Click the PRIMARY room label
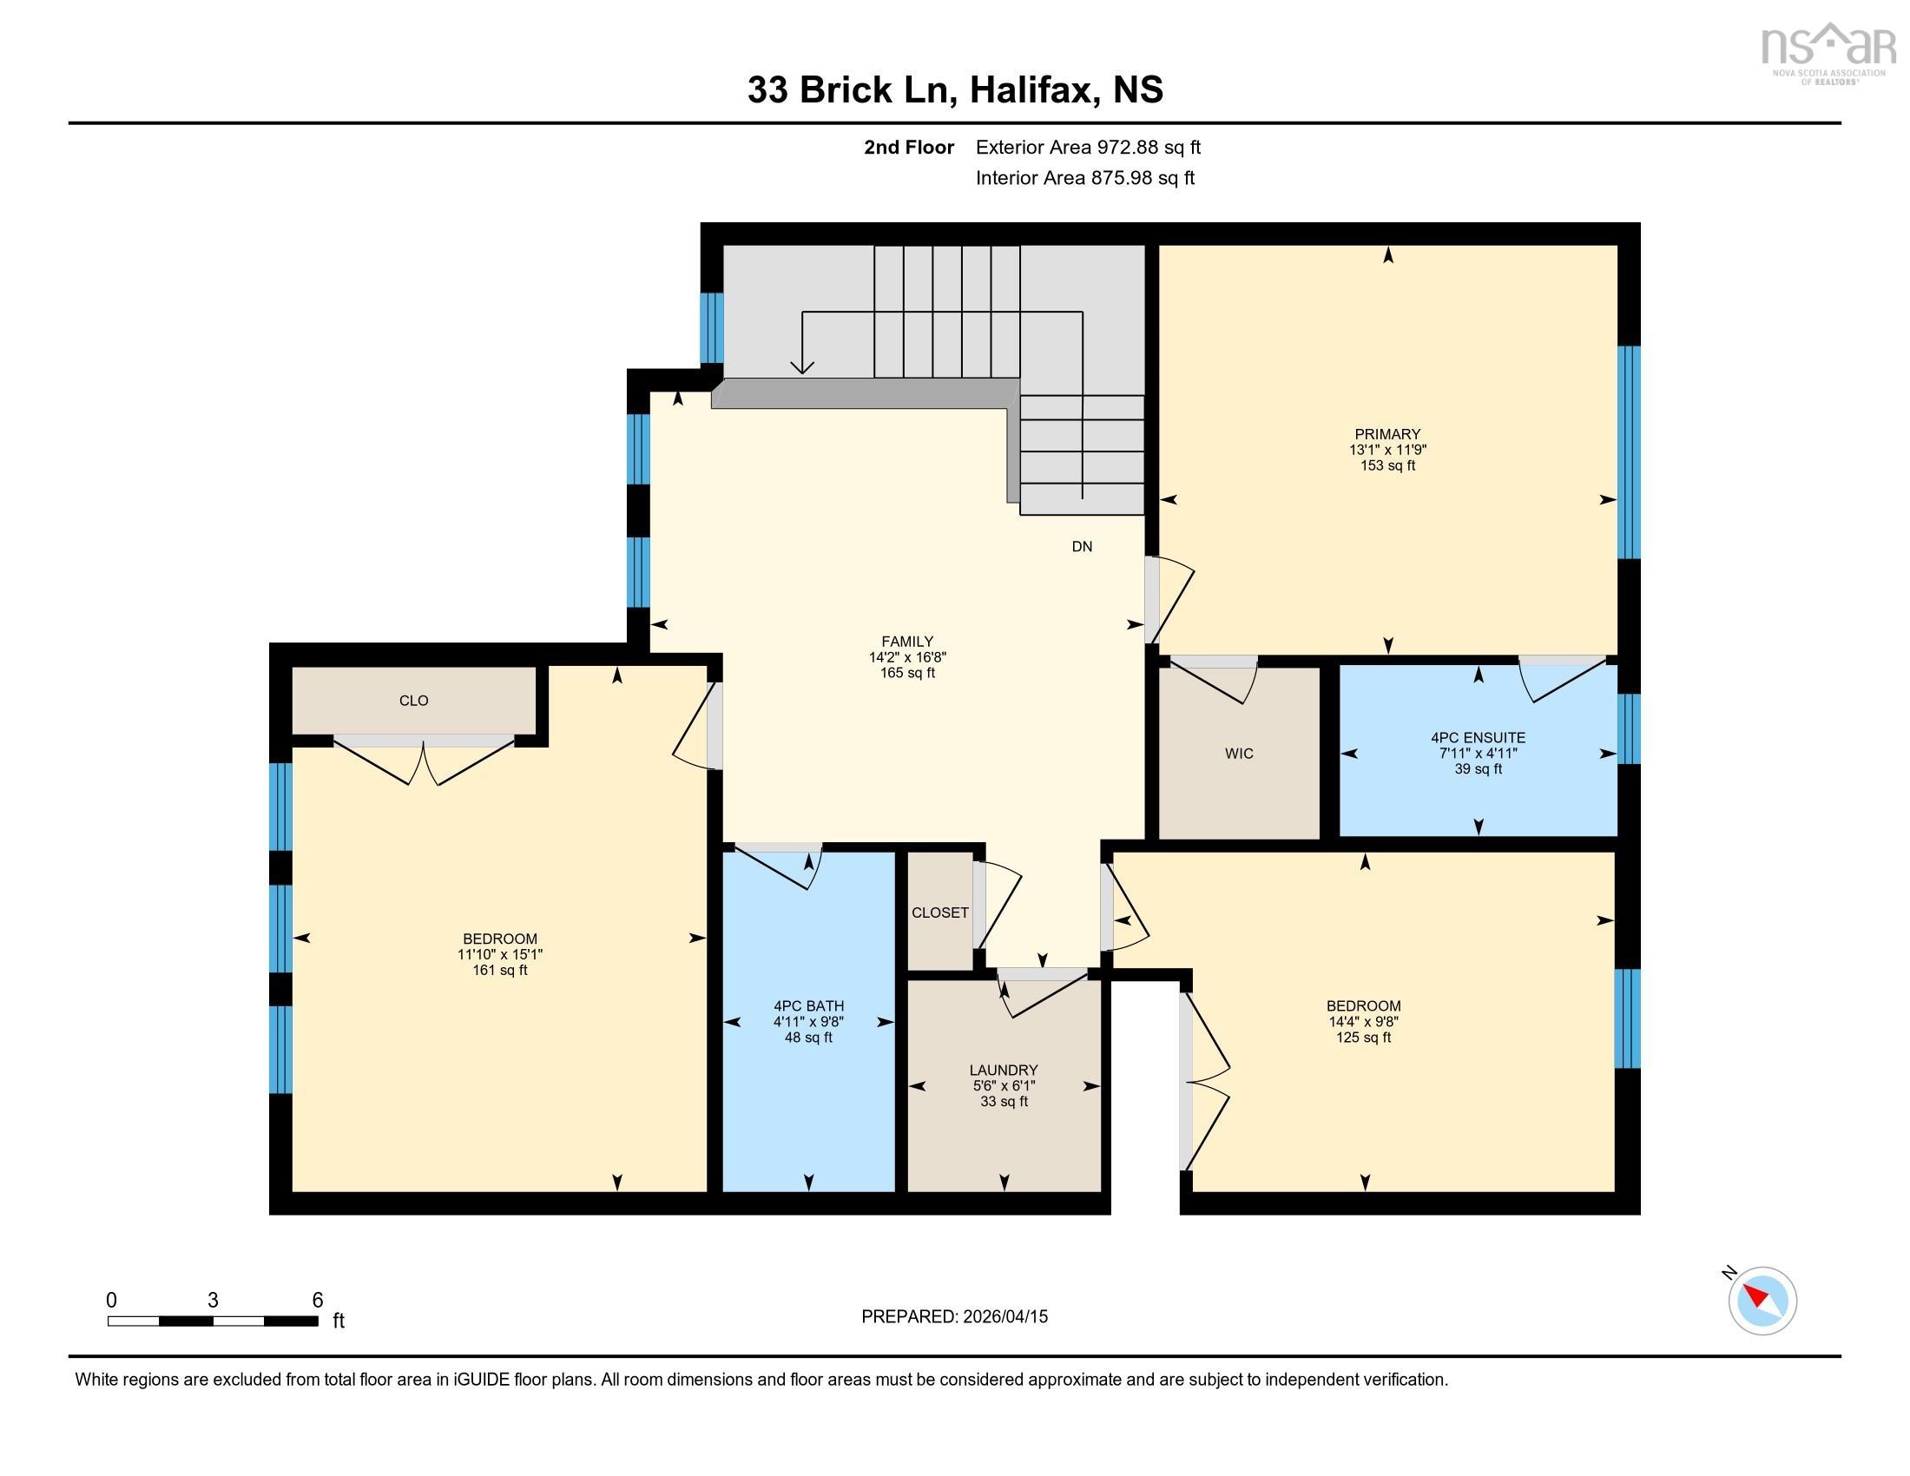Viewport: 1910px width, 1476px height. [x=1387, y=434]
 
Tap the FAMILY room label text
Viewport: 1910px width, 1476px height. [x=907, y=641]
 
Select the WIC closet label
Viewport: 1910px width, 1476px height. [x=1238, y=753]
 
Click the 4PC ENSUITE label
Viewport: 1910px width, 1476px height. [x=1478, y=737]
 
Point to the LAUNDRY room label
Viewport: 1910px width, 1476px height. [x=1003, y=1070]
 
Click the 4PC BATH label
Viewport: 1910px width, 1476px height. [x=808, y=1005]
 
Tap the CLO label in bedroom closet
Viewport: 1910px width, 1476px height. [x=413, y=701]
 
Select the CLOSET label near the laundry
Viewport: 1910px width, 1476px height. [x=940, y=912]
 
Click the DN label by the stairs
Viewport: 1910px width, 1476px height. [x=1082, y=546]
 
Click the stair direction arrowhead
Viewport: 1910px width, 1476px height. [x=802, y=366]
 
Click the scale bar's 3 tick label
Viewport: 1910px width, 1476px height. [x=213, y=1301]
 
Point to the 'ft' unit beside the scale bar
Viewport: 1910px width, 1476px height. [x=339, y=1321]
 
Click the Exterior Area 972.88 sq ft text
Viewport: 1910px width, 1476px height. [x=1088, y=147]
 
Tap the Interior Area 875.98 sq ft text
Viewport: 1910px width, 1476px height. [x=1084, y=177]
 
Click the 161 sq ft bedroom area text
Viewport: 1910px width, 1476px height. [x=499, y=970]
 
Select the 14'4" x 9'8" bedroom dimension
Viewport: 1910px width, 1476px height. [x=1363, y=1021]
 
